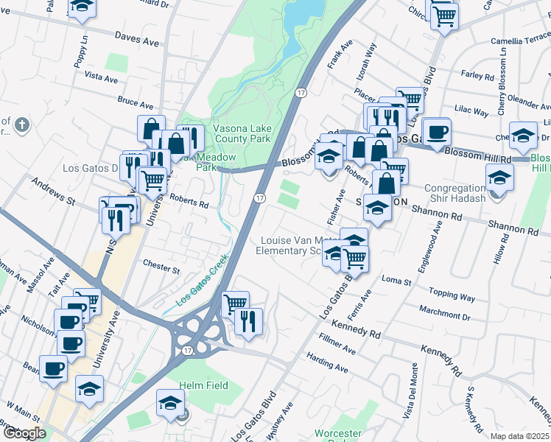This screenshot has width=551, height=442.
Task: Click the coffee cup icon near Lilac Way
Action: [436, 133]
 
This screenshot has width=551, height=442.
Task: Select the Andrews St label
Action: [53, 190]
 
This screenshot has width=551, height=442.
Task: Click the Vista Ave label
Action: [101, 77]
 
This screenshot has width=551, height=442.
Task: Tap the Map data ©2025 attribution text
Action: [520, 436]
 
